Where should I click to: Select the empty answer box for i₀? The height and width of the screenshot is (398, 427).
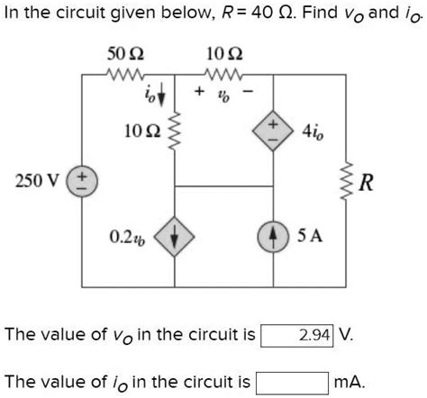pos(291,381)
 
